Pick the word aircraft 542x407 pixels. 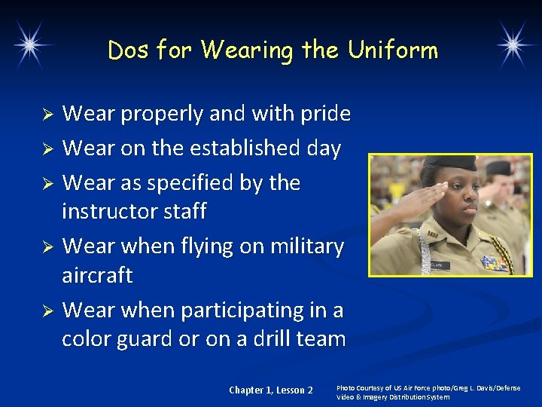[97, 276]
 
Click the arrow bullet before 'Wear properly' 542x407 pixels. [47, 115]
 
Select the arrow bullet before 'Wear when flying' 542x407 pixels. [47, 247]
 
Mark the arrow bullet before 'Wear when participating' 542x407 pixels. [47, 311]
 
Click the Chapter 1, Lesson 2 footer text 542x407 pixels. [271, 390]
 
